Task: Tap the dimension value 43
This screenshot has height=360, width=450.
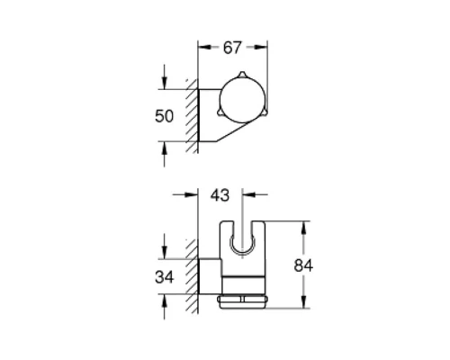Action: (220, 194)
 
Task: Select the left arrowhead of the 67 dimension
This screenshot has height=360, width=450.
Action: (202, 45)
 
